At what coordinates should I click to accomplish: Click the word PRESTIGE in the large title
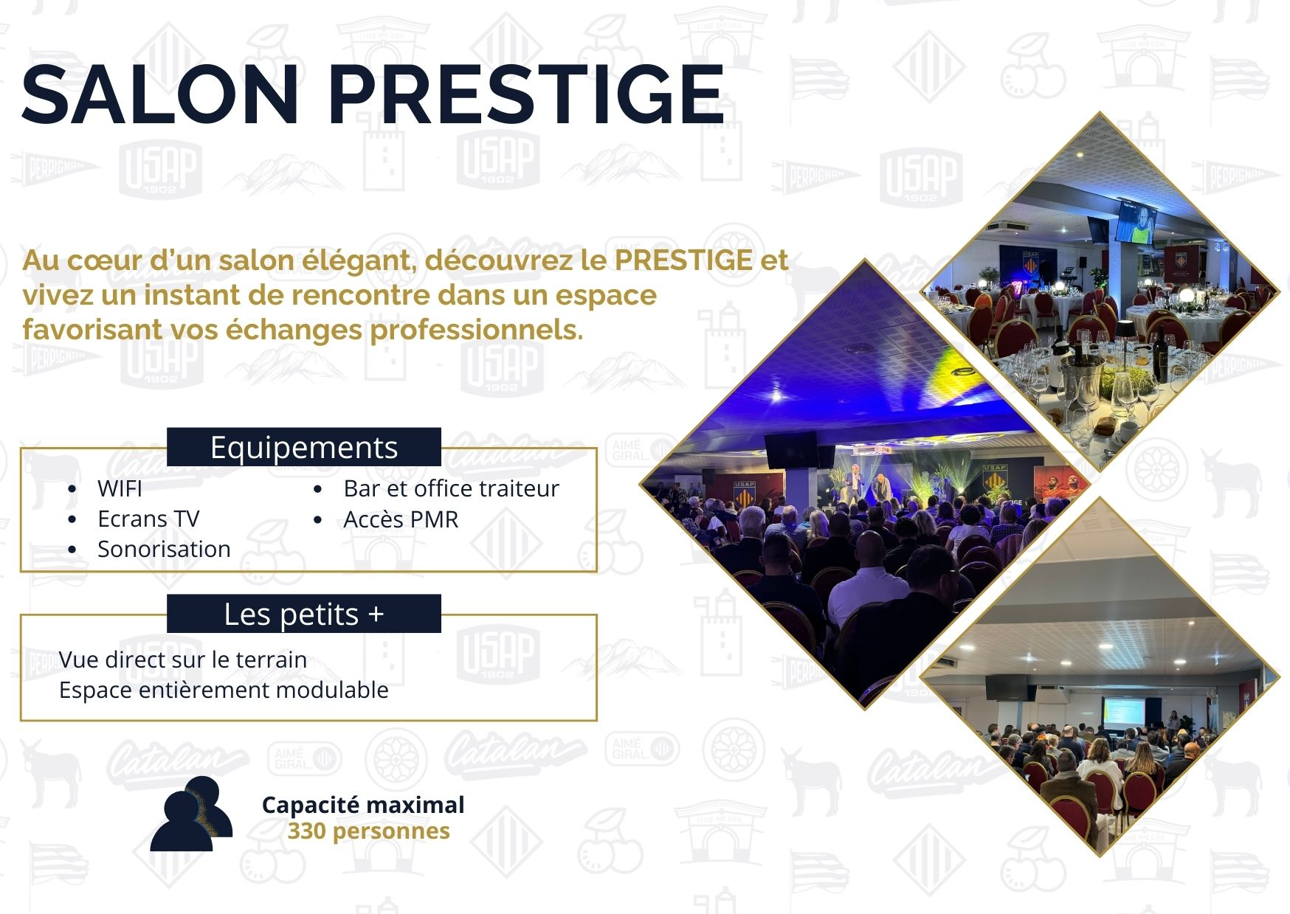click(x=526, y=94)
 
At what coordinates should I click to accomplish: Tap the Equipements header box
click(x=304, y=447)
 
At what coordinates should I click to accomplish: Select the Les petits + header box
click(x=304, y=614)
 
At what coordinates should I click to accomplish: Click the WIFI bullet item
click(x=120, y=488)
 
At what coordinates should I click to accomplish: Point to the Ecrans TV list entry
click(x=148, y=519)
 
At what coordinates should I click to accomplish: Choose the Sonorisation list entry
click(x=164, y=549)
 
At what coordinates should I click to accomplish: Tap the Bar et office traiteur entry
click(x=451, y=488)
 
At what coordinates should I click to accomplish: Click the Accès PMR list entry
click(x=401, y=519)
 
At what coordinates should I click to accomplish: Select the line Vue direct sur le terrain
click(x=183, y=659)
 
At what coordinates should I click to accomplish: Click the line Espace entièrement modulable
click(x=224, y=690)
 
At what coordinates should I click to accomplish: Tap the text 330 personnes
click(x=368, y=831)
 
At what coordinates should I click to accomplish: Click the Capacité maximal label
click(x=363, y=805)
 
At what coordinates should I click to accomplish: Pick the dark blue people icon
click(x=191, y=814)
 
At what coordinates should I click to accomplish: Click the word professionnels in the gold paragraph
click(x=476, y=330)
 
